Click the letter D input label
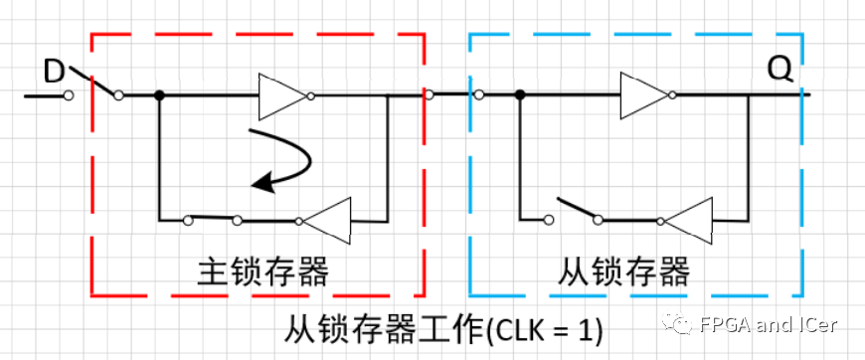(55, 70)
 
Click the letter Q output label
(780, 69)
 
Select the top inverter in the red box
(281, 95)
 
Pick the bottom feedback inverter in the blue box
(689, 219)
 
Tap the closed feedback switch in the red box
(213, 218)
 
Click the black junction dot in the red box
(159, 95)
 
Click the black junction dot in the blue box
(519, 95)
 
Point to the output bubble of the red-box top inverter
(311, 95)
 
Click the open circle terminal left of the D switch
(69, 95)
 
